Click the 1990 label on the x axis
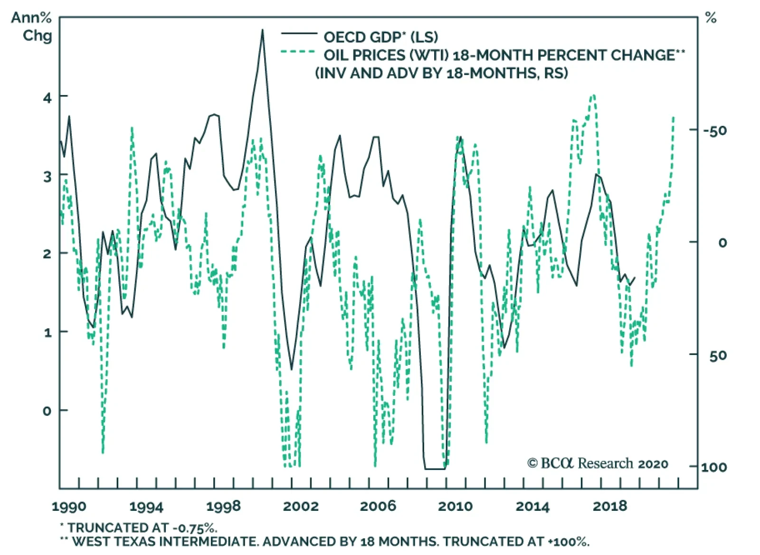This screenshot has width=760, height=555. click(69, 507)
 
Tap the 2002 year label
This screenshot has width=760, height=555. click(301, 507)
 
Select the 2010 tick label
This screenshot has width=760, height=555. click(455, 507)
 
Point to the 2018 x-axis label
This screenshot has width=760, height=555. click(609, 507)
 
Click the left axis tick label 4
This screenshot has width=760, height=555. click(47, 98)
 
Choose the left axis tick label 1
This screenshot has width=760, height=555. click(47, 333)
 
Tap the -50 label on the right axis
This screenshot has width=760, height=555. click(715, 131)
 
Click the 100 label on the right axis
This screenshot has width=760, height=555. click(714, 468)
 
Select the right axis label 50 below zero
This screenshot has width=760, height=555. click(718, 356)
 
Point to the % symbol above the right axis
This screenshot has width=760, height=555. click(711, 19)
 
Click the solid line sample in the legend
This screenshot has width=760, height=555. click(299, 34)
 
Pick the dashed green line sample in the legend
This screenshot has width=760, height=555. click(298, 52)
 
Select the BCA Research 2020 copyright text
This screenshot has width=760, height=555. click(598, 463)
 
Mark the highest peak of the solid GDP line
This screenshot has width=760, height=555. click(262, 30)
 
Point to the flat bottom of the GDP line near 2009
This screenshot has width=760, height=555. click(435, 469)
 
